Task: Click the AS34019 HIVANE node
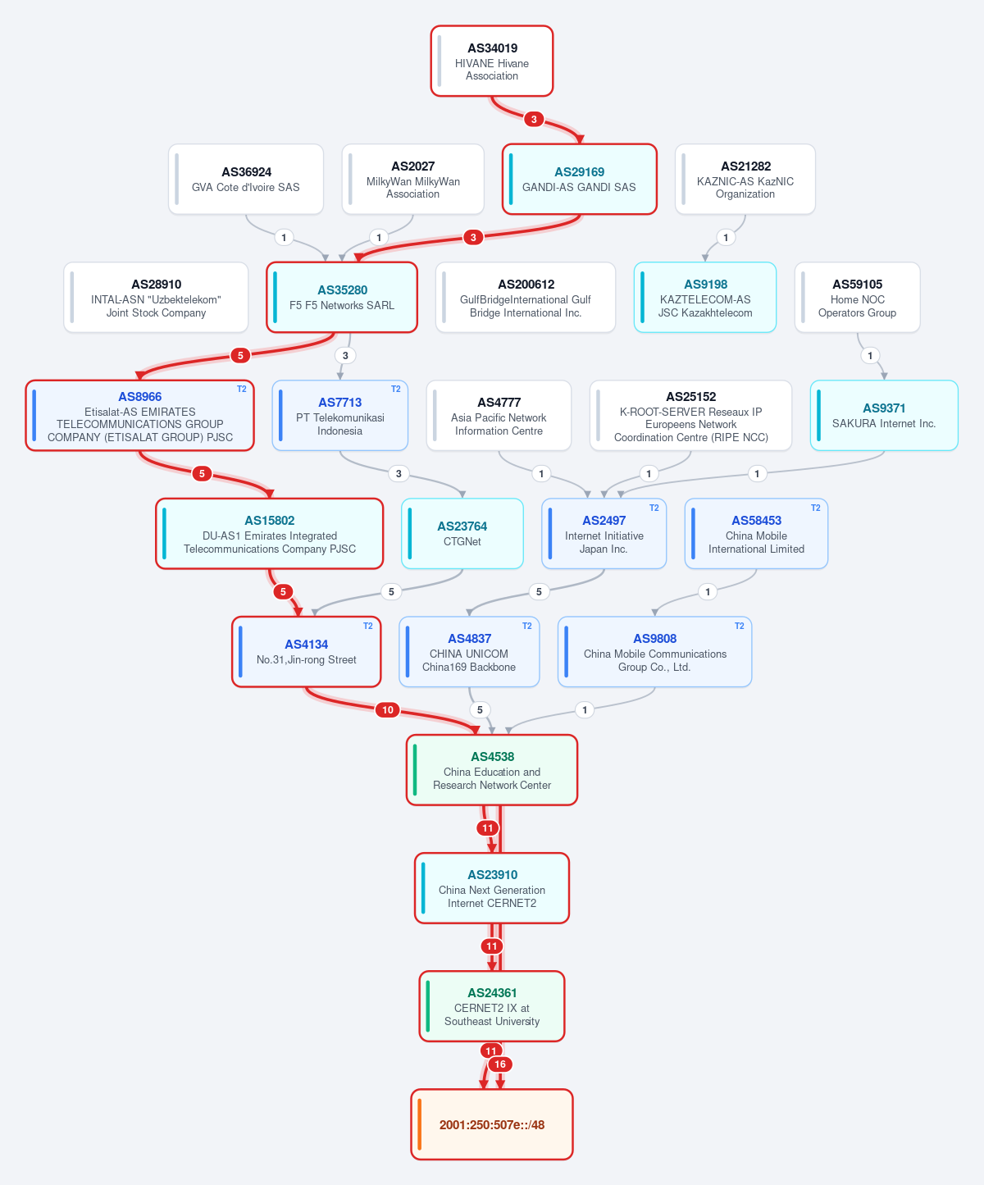[x=491, y=61]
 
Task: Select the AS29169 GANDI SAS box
[x=580, y=180]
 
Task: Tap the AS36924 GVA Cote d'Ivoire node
[x=246, y=180]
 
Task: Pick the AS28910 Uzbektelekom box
[x=156, y=298]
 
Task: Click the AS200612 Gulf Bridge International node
[x=526, y=298]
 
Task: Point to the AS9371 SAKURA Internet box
[x=884, y=416]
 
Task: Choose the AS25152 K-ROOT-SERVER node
[x=690, y=416]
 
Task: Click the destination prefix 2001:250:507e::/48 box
[x=492, y=1124]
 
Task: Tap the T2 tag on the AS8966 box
[x=242, y=389]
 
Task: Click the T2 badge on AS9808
[x=740, y=626]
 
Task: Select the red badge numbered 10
[x=388, y=709]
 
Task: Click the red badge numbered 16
[x=500, y=1064]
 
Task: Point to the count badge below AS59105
[x=870, y=356]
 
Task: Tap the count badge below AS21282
[x=726, y=237]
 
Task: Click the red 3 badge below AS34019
[x=534, y=119]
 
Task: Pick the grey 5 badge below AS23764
[x=391, y=592]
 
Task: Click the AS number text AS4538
[x=493, y=757]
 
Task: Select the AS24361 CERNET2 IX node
[x=492, y=1006]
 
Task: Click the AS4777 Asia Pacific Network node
[x=499, y=416]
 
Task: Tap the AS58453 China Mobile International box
[x=756, y=534]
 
